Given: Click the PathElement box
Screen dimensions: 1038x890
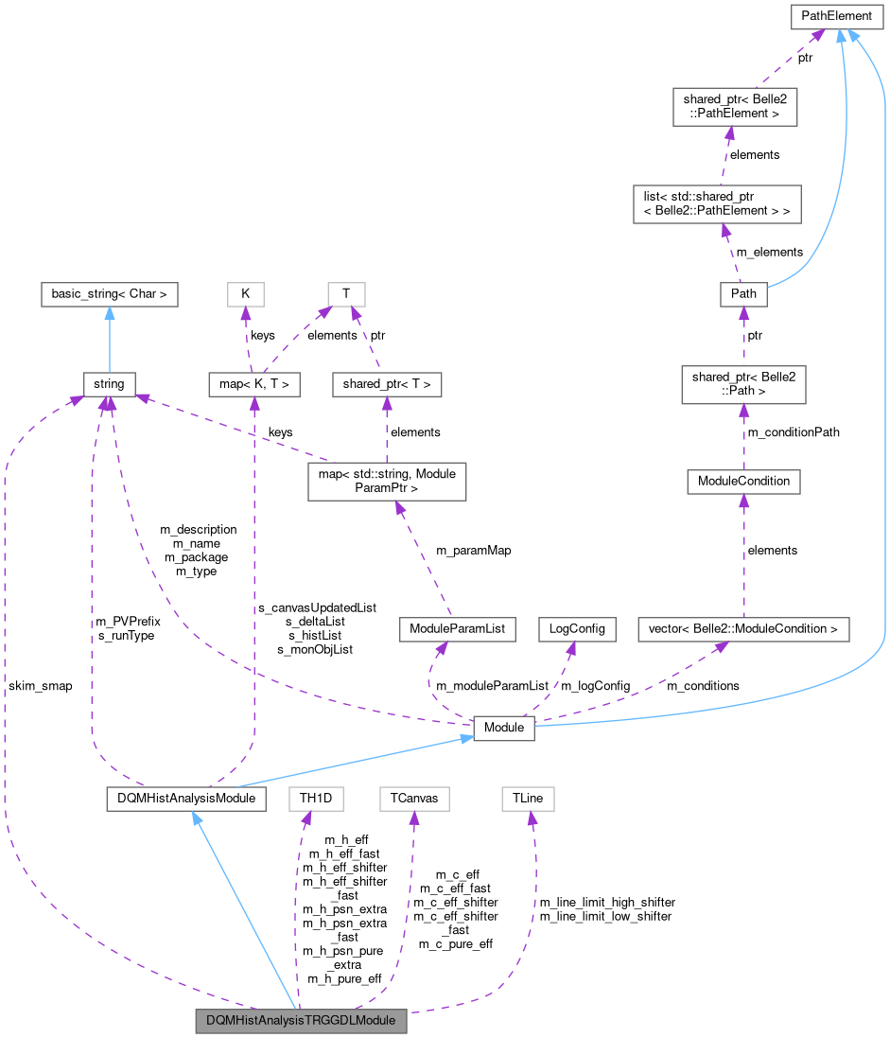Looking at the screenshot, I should coord(837,16).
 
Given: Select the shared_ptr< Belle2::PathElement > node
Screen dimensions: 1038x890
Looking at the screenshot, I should coord(734,107).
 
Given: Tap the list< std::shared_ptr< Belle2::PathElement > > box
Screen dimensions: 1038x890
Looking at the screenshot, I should coord(717,203).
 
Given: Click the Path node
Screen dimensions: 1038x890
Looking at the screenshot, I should coord(743,293).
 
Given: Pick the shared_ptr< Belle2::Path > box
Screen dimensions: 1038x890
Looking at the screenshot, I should coord(743,384).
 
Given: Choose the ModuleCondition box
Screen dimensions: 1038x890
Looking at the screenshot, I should coord(743,481).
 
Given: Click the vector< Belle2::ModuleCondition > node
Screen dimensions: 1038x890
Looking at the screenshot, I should coord(743,628).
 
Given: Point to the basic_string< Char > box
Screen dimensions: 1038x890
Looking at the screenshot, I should coord(109,293).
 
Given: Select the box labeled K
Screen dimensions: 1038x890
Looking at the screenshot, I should coord(245,293).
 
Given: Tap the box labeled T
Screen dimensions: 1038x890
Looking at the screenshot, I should coord(346,293).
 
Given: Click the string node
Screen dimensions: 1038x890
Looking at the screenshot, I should coord(109,384).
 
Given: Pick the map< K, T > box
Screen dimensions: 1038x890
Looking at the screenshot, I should coord(254,384).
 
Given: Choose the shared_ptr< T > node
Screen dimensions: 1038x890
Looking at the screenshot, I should coord(387,384).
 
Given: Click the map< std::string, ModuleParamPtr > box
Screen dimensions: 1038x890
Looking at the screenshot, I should coord(387,481).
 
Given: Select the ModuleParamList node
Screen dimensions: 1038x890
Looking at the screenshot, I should coord(457,628).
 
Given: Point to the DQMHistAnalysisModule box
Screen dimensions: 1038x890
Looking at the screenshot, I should coord(184,799).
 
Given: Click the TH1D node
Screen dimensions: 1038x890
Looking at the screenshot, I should coord(316,799).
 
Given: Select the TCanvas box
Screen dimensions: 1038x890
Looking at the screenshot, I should coord(413,799).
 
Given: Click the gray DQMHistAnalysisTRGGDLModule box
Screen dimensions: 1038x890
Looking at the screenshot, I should coord(301,1021).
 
